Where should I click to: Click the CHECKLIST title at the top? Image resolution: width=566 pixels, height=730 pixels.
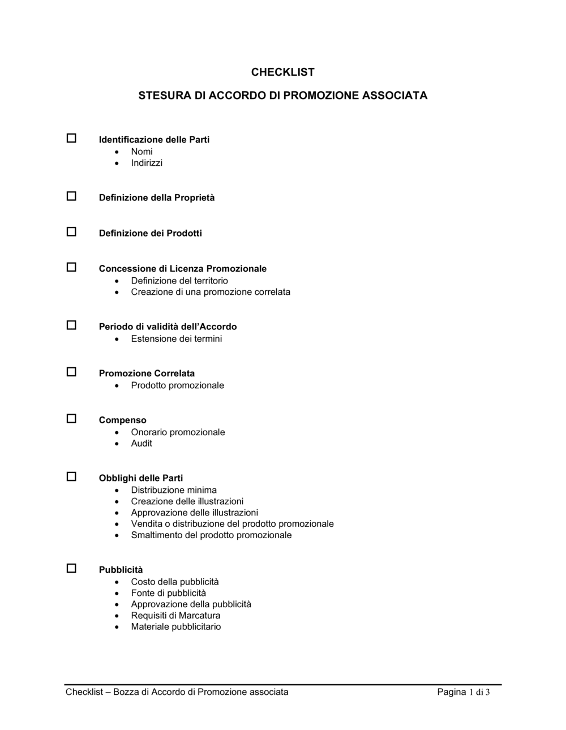click(x=282, y=72)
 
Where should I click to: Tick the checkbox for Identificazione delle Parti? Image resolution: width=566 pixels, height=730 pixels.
click(x=71, y=138)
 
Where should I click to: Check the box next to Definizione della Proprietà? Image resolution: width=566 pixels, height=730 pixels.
click(x=71, y=196)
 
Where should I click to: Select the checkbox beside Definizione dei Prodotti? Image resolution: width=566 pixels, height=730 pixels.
click(x=71, y=231)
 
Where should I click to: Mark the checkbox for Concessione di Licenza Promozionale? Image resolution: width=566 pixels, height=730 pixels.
click(x=71, y=267)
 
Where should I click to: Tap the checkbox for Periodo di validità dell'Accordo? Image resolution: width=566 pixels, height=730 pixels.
click(x=71, y=325)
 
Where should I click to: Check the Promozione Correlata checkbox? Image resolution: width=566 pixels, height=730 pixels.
click(x=71, y=372)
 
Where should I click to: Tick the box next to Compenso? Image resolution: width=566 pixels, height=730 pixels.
click(x=71, y=419)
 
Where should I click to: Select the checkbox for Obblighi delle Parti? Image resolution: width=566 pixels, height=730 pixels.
click(x=71, y=476)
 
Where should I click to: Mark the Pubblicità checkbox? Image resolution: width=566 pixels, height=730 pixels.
click(x=71, y=568)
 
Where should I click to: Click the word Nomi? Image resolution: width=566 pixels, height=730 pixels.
click(x=141, y=152)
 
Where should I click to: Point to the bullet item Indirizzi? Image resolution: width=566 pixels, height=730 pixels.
click(x=147, y=163)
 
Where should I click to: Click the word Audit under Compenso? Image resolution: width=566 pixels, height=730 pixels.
click(x=141, y=444)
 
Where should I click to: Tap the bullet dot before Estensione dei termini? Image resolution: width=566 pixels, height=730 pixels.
click(x=117, y=340)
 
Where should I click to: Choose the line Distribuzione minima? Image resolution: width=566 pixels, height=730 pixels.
click(x=174, y=490)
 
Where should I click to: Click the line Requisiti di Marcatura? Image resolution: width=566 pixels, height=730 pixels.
click(x=175, y=616)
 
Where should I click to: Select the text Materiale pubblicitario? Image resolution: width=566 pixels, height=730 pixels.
click(x=176, y=627)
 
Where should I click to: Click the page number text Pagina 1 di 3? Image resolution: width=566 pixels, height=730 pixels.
click(x=463, y=692)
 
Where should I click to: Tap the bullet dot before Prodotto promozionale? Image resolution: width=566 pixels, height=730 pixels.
click(x=117, y=386)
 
